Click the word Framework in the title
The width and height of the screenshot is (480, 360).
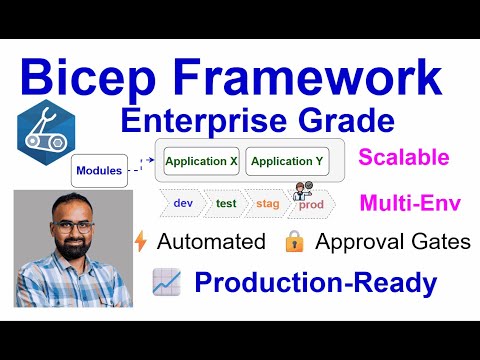[x=308, y=76]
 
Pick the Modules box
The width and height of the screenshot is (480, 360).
[x=99, y=170]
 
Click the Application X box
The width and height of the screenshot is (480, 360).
[x=201, y=161]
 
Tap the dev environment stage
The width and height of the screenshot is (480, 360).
[x=183, y=203]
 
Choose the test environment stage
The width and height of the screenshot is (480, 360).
[x=226, y=203]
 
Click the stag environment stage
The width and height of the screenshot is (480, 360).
[x=268, y=203]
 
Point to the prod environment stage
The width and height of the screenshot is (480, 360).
[x=312, y=204]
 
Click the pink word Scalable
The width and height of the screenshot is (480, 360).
[x=403, y=157]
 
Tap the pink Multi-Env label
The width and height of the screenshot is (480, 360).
[x=411, y=204]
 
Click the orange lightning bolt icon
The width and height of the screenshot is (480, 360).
[x=141, y=241]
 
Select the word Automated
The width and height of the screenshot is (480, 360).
[x=211, y=241]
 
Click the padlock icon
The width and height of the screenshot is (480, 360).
[x=294, y=241]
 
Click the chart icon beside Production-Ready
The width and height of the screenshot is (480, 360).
[x=165, y=283]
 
